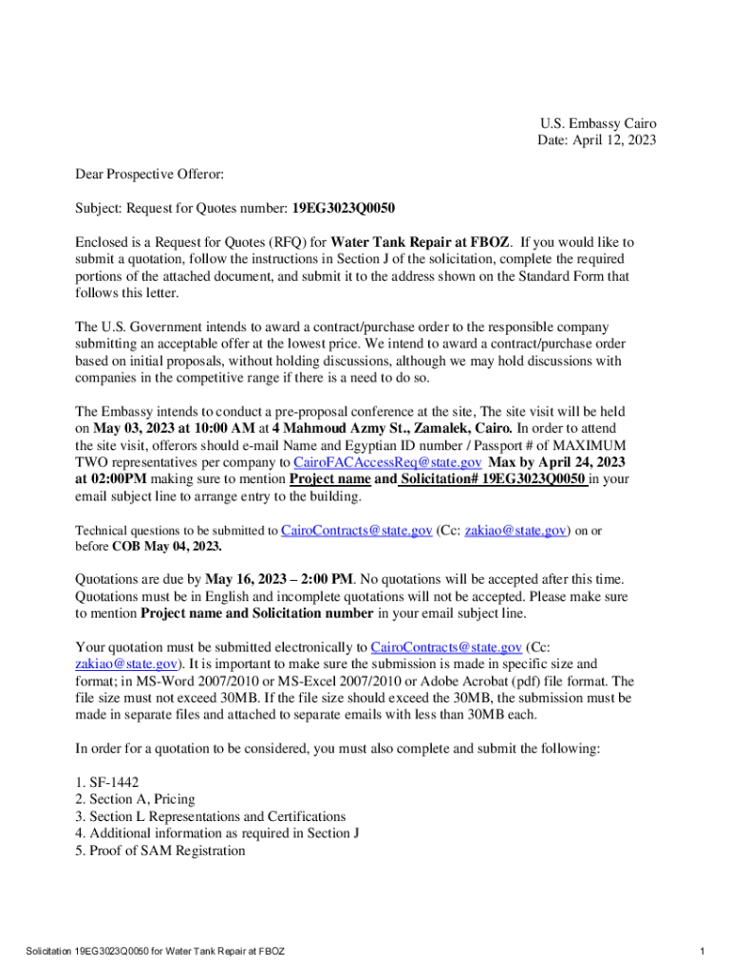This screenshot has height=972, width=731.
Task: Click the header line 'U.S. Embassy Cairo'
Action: click(598, 124)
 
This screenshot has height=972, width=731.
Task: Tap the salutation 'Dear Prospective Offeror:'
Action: click(150, 175)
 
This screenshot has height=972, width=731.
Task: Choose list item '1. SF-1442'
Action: click(107, 782)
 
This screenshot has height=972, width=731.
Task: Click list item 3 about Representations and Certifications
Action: click(211, 816)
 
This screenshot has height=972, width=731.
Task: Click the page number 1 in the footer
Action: click(700, 951)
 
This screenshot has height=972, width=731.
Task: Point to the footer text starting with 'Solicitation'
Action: click(156, 951)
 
